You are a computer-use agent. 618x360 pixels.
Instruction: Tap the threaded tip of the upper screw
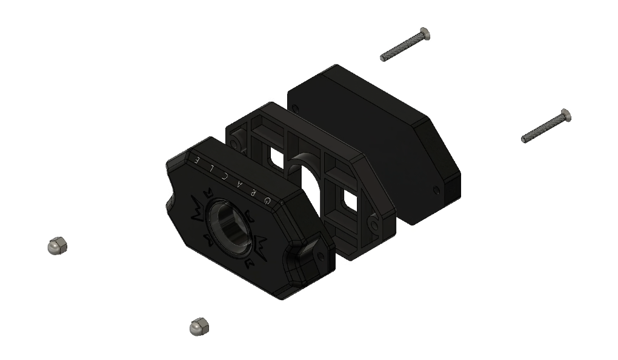point(384,58)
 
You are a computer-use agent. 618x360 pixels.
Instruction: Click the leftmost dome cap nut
point(57,245)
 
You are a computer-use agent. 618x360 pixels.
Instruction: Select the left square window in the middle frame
point(276,159)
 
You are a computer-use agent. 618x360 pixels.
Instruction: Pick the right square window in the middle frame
point(350,198)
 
